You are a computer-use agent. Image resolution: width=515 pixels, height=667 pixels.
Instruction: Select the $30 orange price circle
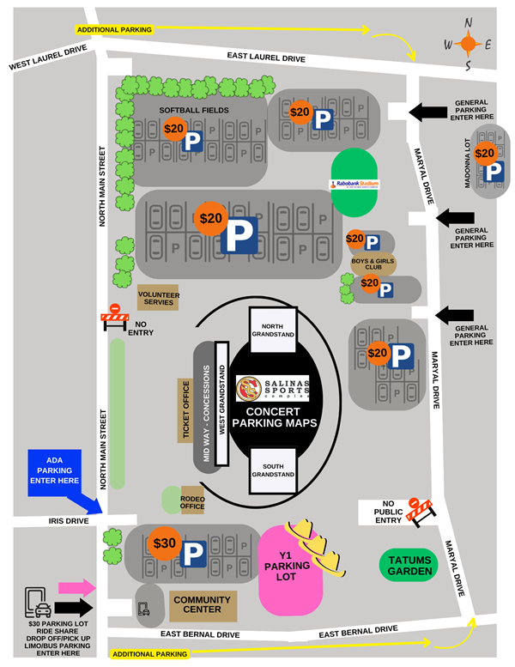click(x=164, y=543)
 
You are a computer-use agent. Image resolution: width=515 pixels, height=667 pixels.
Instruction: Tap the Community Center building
click(x=202, y=606)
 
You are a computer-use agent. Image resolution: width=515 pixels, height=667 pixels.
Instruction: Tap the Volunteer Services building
click(x=158, y=298)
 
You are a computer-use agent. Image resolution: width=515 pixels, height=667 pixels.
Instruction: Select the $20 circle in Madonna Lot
click(x=485, y=154)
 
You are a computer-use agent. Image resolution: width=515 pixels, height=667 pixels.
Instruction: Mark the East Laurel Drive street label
click(x=266, y=58)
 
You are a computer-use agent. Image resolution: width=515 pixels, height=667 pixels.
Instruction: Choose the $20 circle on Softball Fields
click(x=174, y=129)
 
